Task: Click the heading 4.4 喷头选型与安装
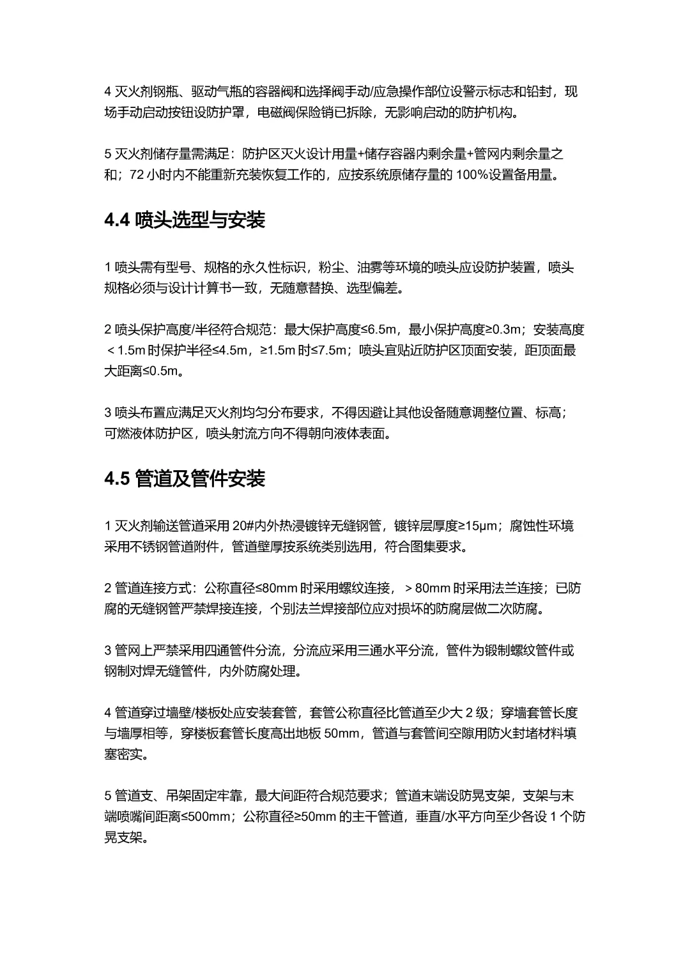(185, 221)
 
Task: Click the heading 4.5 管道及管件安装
(185, 479)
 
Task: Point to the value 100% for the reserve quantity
(472, 175)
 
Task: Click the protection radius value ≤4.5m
(232, 350)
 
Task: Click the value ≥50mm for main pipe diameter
(309, 816)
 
